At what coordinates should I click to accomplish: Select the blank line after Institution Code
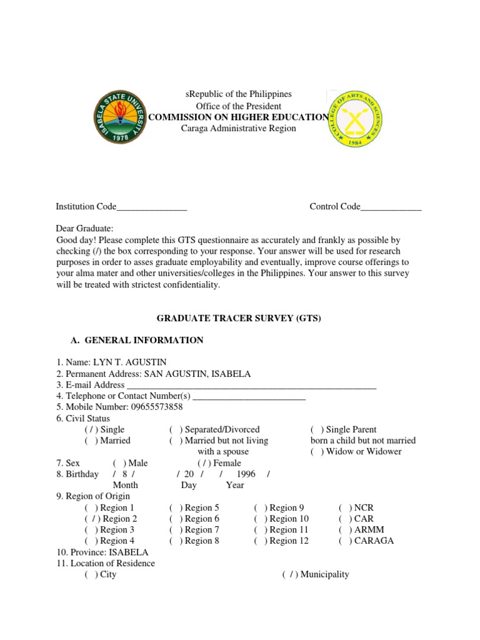click(152, 207)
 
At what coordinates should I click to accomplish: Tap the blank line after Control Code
click(391, 207)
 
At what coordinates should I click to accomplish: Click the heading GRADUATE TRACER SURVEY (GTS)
click(239, 318)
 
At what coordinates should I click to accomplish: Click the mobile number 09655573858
click(157, 407)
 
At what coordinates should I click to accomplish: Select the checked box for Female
click(204, 463)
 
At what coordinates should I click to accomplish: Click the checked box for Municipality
click(290, 574)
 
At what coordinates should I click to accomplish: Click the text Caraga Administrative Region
click(230, 129)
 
